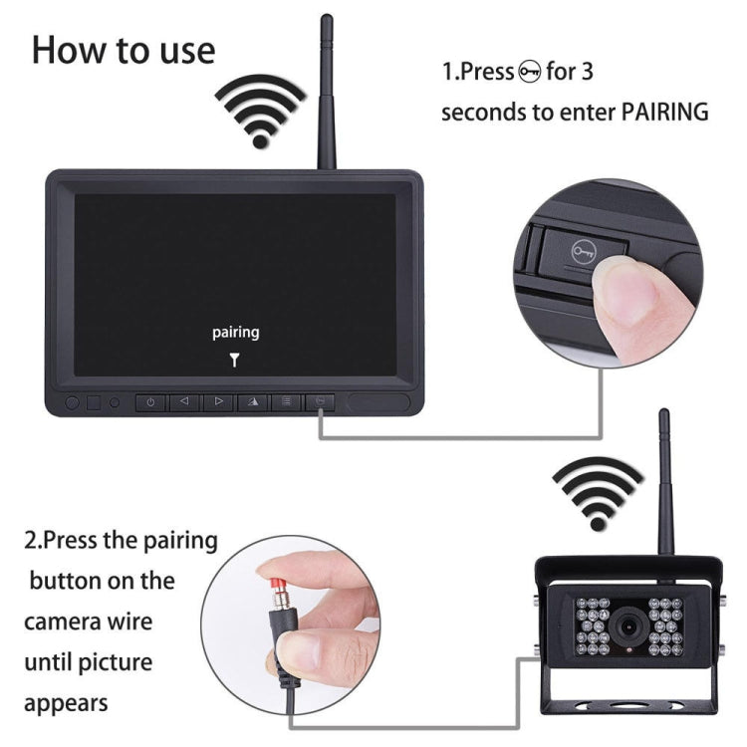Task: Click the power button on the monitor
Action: (150, 403)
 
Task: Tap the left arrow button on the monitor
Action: (183, 403)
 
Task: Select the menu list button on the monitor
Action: (286, 403)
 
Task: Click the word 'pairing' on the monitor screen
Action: (235, 333)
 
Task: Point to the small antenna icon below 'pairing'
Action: (235, 360)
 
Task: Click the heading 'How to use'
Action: (123, 50)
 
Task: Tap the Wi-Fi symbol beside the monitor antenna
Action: (260, 112)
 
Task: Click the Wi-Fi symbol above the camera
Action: (598, 491)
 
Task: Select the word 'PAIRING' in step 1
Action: (664, 112)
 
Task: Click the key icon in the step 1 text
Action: (531, 72)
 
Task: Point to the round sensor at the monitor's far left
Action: (72, 404)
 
